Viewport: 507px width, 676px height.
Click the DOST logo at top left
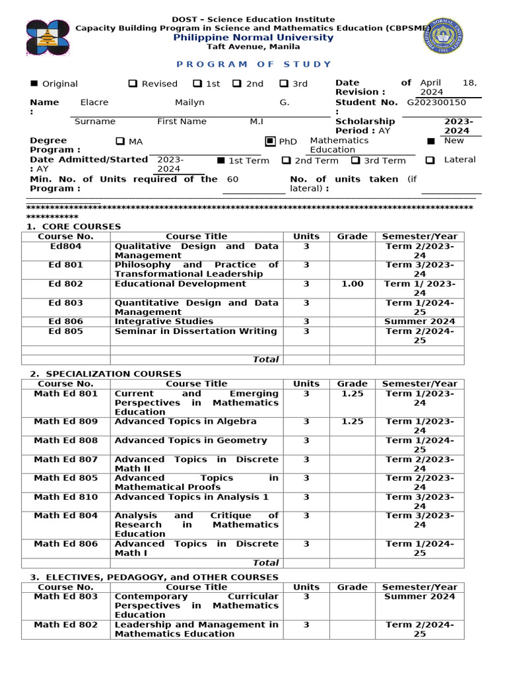(x=48, y=38)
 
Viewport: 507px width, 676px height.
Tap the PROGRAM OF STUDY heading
(x=253, y=64)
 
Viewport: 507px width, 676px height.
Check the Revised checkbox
(x=133, y=84)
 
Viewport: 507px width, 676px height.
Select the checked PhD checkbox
(x=269, y=141)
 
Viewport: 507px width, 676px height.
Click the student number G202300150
(x=436, y=102)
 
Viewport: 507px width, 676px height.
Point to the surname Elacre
(x=94, y=102)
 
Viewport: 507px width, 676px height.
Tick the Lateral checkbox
(x=430, y=160)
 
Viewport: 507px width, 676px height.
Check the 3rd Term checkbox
(x=355, y=160)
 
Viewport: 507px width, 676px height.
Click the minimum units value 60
(x=232, y=180)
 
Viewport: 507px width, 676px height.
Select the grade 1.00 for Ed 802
(x=352, y=284)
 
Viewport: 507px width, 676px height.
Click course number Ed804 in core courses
(x=65, y=246)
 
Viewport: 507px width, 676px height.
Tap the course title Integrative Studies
(x=164, y=321)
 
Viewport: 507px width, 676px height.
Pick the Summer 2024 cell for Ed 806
(x=419, y=321)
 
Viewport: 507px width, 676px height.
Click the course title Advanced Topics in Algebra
(x=186, y=421)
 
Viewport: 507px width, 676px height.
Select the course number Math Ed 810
(x=65, y=497)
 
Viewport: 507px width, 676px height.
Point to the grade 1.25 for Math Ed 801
(x=352, y=393)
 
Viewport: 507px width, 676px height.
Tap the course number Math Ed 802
(x=65, y=625)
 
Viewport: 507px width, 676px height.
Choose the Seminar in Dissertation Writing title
(x=195, y=331)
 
